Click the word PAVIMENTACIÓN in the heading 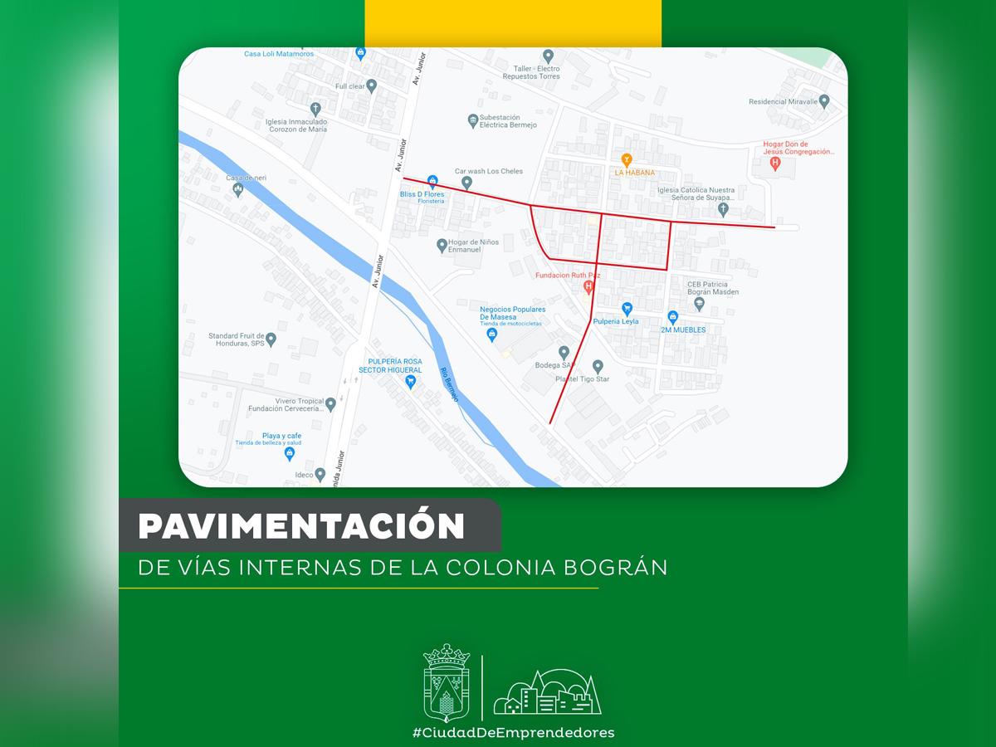(x=301, y=526)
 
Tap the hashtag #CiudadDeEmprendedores (x=514, y=732)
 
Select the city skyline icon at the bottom (x=547, y=692)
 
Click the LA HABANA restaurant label (x=634, y=173)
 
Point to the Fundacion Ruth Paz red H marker (x=588, y=287)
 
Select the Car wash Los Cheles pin (x=466, y=183)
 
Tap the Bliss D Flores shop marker (x=432, y=181)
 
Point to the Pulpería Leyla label (x=615, y=321)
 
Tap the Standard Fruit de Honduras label (x=235, y=339)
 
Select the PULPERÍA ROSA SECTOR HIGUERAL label (x=390, y=365)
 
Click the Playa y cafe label (x=281, y=436)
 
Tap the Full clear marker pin (x=372, y=85)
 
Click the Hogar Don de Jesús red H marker (x=775, y=164)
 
